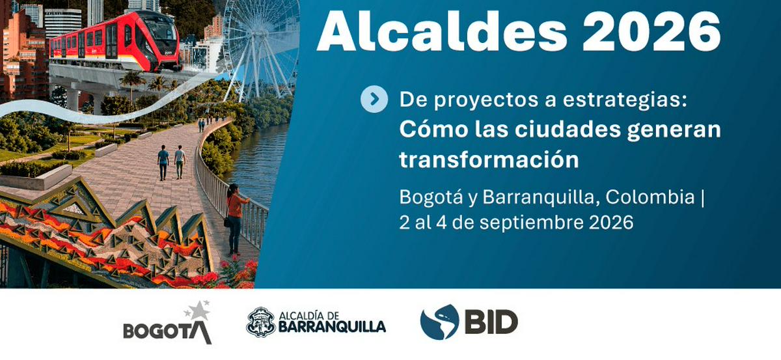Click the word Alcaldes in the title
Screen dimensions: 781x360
point(442,32)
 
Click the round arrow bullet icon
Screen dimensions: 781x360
point(374,99)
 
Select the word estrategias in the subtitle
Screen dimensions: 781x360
point(624,100)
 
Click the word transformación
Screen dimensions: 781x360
point(489,159)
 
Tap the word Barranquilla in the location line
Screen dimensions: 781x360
point(541,197)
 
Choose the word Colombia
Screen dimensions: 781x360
point(650,197)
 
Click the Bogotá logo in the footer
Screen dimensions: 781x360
point(168,323)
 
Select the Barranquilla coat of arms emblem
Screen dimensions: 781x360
point(260,322)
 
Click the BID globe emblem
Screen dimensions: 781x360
point(439,322)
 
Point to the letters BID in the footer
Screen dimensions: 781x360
point(491,322)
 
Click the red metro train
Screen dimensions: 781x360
point(116,40)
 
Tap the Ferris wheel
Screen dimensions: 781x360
point(260,49)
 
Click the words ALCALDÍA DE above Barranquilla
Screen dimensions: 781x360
point(309,315)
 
